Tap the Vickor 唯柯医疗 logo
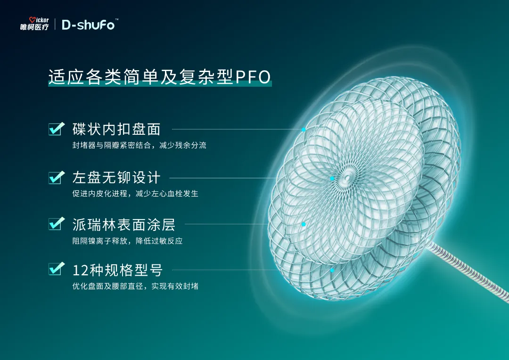coord(34,24)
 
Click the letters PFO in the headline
coord(253,77)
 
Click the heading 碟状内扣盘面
coord(116,129)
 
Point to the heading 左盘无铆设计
coord(116,178)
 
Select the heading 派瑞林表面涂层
coord(124,225)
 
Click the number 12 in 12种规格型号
coord(80,270)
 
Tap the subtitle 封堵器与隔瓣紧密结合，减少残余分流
coord(139,145)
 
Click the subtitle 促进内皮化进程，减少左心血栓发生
coord(135,194)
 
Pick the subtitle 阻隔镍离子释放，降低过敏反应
coord(128,241)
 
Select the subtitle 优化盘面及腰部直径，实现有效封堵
coord(135,286)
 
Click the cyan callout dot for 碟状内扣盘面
coord(304,130)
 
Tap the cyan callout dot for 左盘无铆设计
coord(332,179)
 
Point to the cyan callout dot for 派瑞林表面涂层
coord(304,224)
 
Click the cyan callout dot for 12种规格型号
coord(332,270)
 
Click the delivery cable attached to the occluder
coord(468,273)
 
